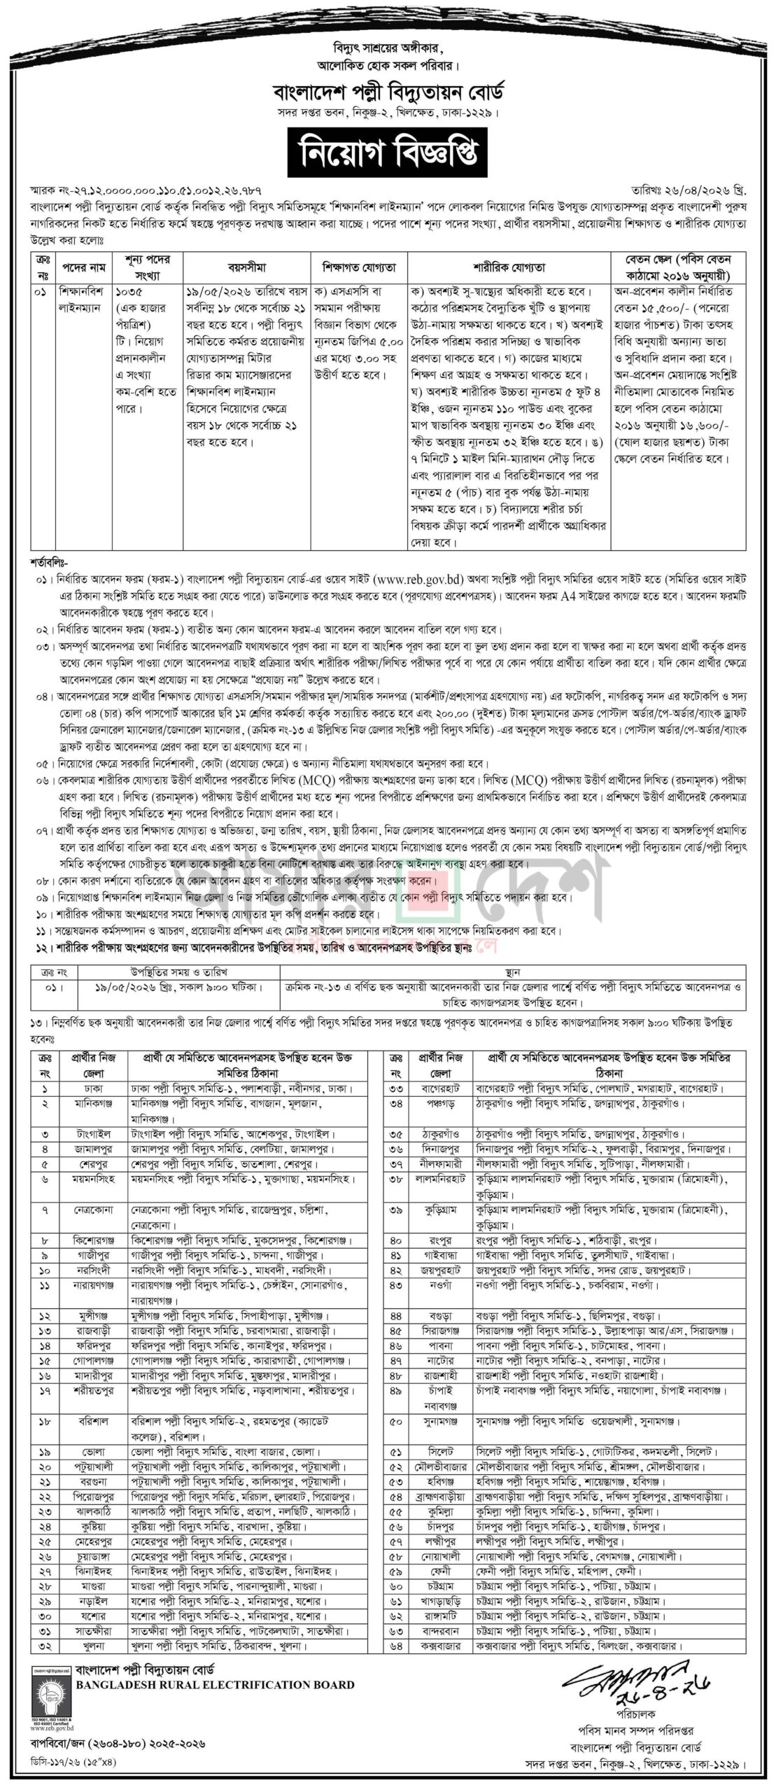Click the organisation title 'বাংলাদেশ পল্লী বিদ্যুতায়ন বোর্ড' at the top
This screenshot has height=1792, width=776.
pyautogui.click(x=387, y=92)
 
